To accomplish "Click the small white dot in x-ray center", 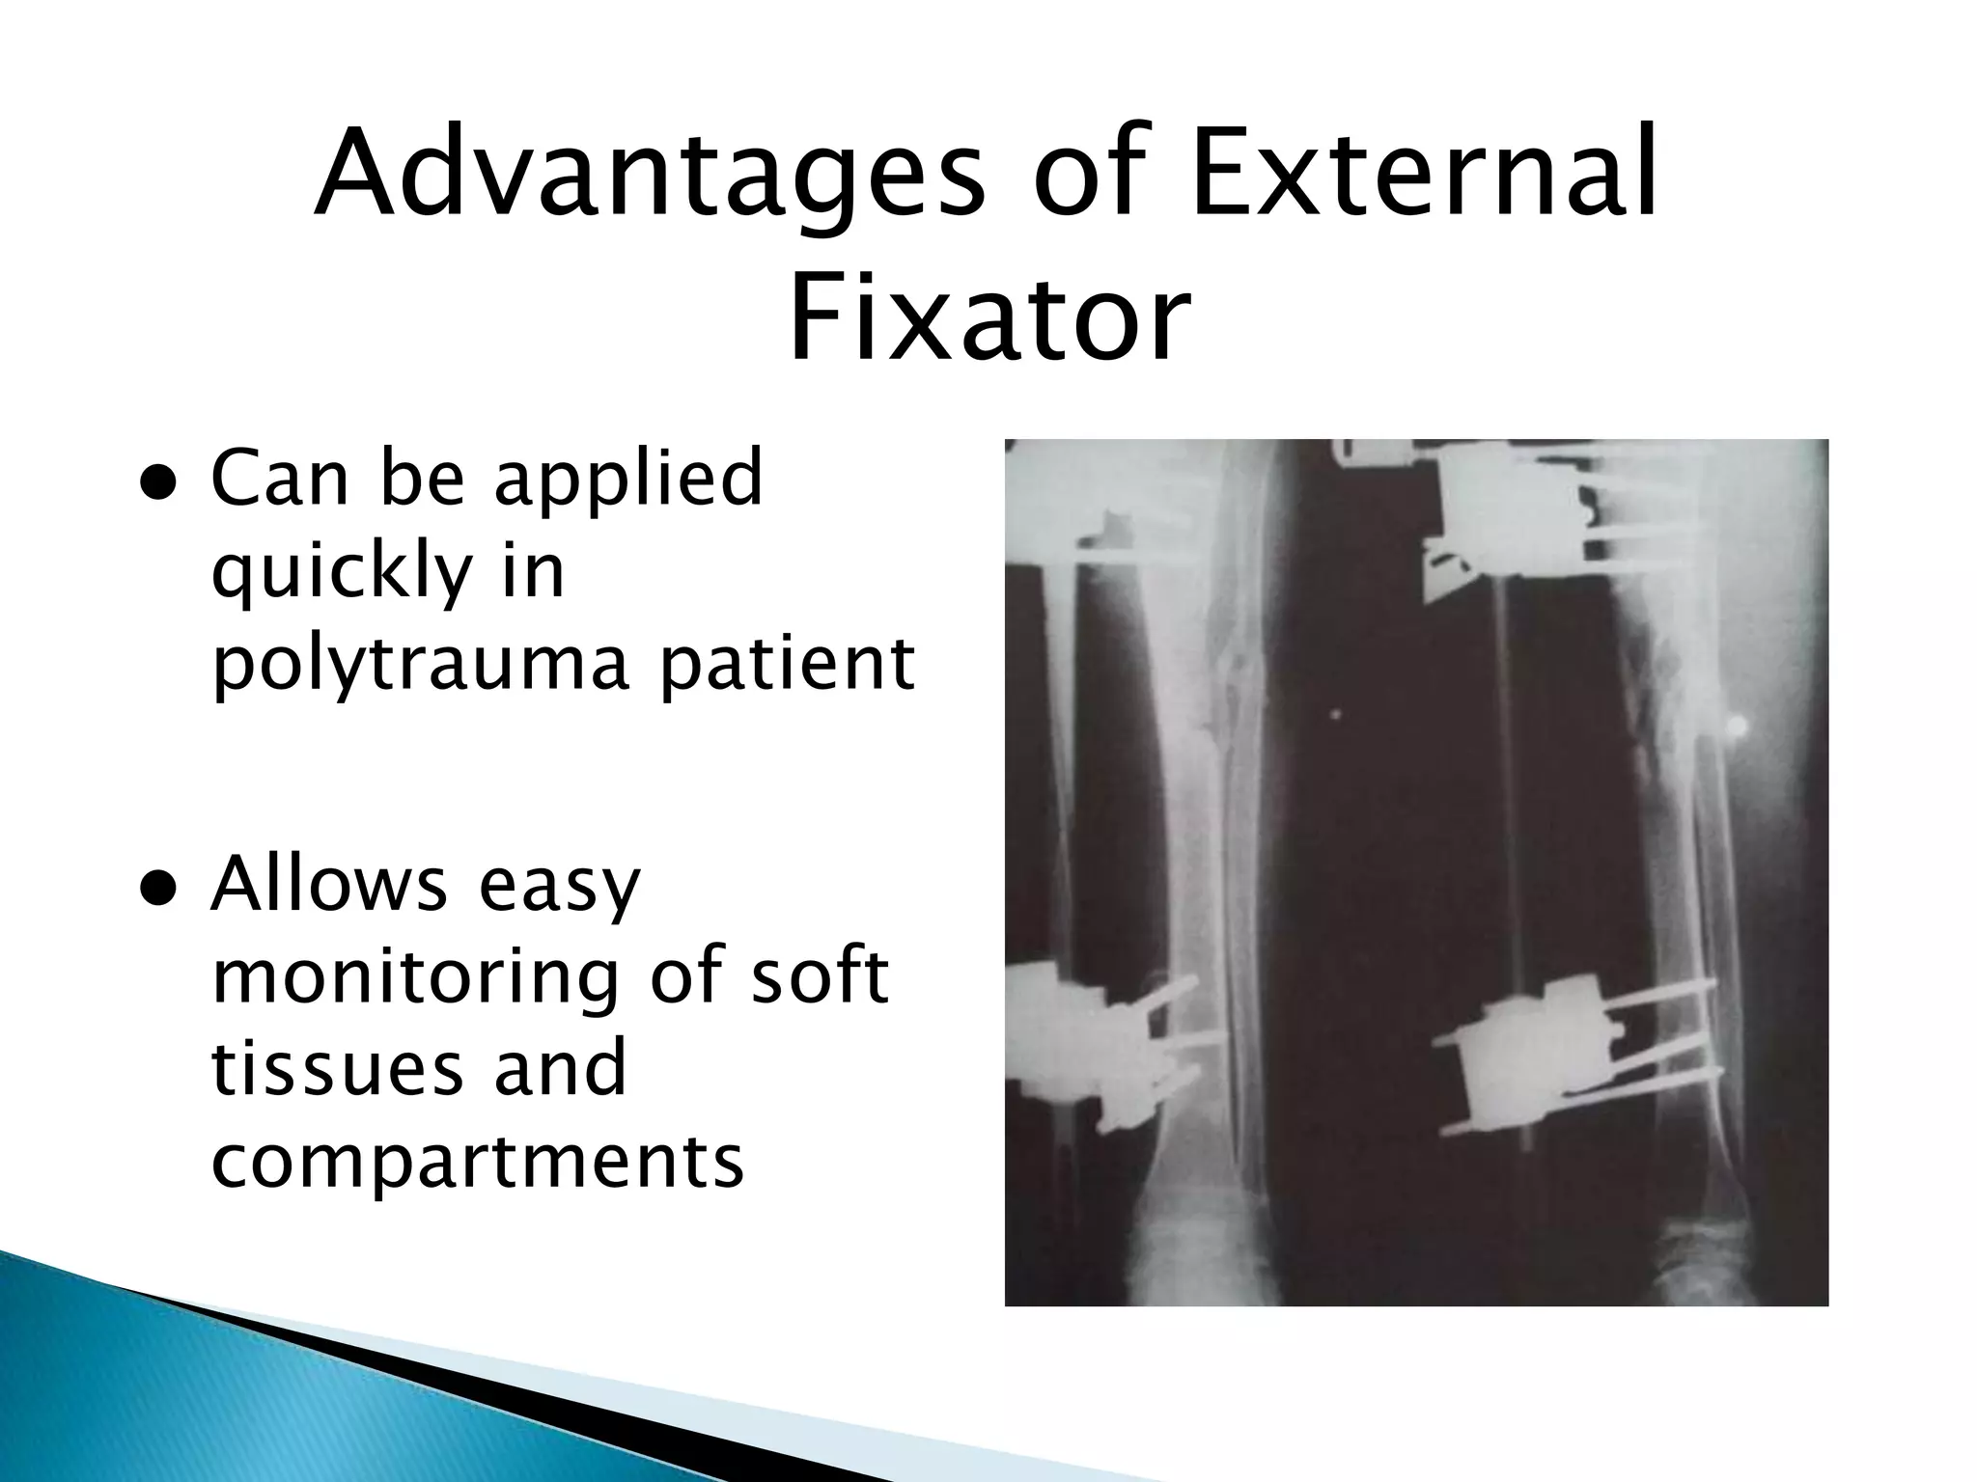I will click(1336, 715).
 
